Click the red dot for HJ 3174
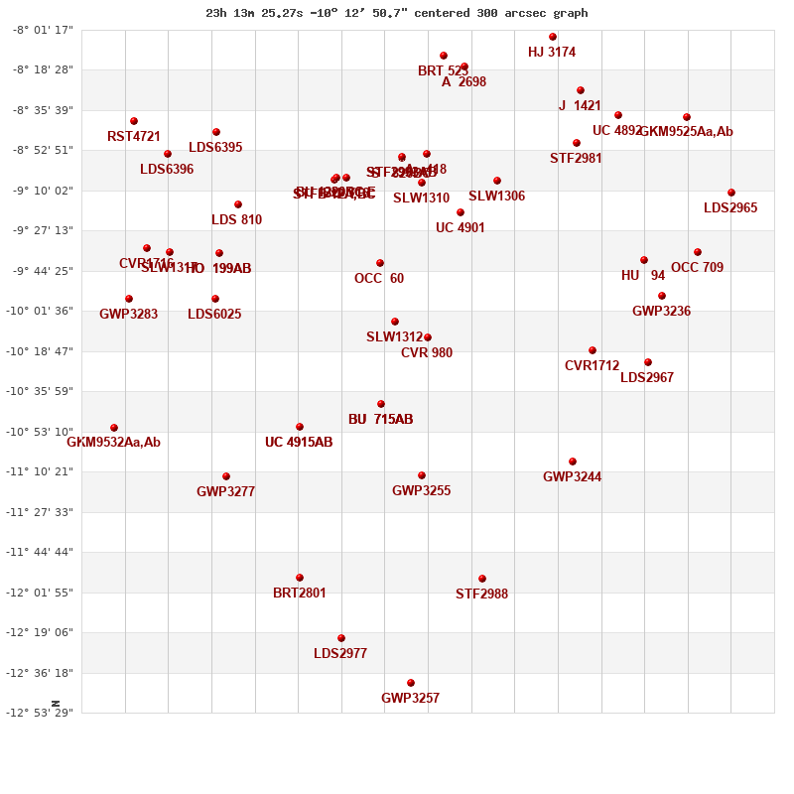coord(553,37)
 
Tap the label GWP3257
coord(410,699)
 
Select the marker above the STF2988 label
coord(482,579)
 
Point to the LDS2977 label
coord(340,654)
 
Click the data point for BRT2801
coord(300,578)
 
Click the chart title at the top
coord(397,13)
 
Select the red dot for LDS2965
coord(731,193)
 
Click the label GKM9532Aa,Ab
coord(113,443)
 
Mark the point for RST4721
coord(134,121)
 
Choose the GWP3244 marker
coord(573,462)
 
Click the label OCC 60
coord(379,279)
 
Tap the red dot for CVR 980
coord(428,337)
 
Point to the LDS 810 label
coord(237,220)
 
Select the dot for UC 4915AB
coord(300,427)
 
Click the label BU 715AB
coord(380,420)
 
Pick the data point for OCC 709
coord(698,252)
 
